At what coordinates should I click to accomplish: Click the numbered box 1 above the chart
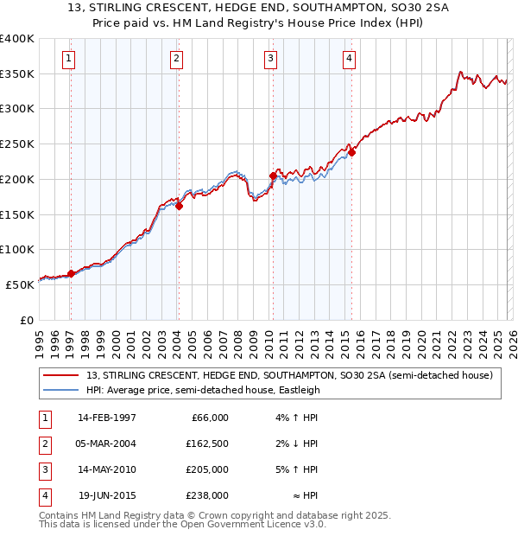(x=68, y=59)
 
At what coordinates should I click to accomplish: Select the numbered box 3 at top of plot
(x=270, y=59)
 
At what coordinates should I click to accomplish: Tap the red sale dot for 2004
(x=179, y=206)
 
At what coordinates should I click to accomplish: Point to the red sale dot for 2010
(x=273, y=175)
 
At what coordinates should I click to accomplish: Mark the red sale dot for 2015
(x=351, y=152)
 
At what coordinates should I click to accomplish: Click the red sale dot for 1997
(x=71, y=273)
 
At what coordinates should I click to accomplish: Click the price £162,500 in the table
(x=207, y=443)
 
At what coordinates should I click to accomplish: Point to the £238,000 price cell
(x=207, y=495)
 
